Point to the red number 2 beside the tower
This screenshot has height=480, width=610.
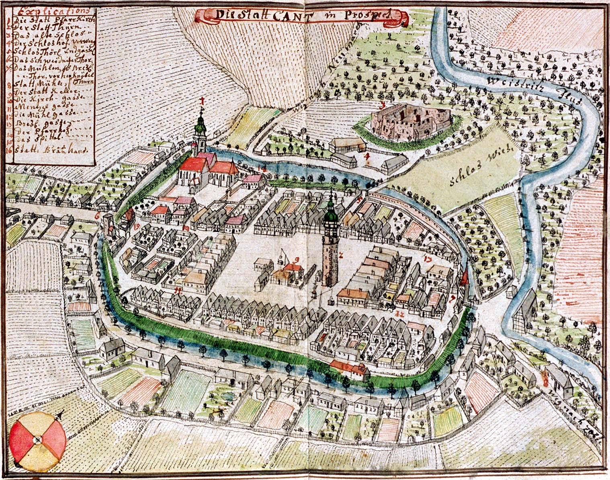point(340,254)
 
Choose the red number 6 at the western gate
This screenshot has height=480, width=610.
point(97,215)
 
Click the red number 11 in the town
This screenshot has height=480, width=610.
point(178,289)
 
